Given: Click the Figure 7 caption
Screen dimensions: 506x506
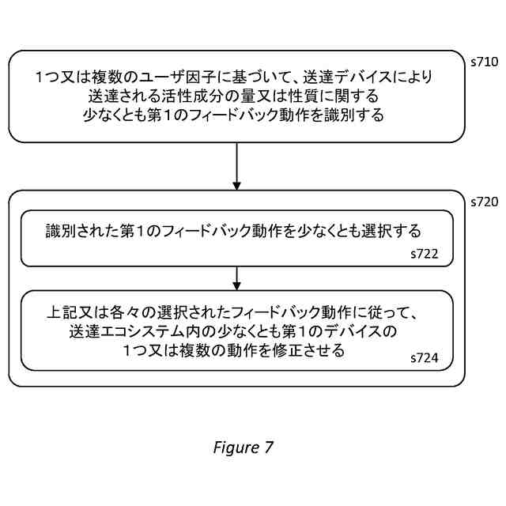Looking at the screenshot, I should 244,447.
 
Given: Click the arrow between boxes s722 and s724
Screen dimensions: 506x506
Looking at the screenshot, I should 236,278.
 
